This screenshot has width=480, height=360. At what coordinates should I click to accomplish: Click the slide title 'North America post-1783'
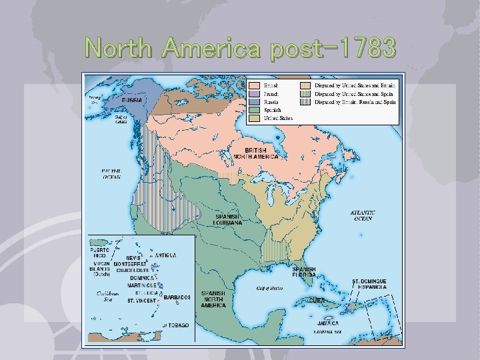(240, 48)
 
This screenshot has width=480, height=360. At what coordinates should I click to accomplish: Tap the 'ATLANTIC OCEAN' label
(363, 215)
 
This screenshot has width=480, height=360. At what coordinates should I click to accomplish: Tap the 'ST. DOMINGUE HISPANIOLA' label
(369, 285)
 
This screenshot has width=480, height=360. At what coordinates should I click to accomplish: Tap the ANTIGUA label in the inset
(166, 255)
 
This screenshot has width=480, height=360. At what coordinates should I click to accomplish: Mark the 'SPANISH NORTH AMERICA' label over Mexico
(213, 299)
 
